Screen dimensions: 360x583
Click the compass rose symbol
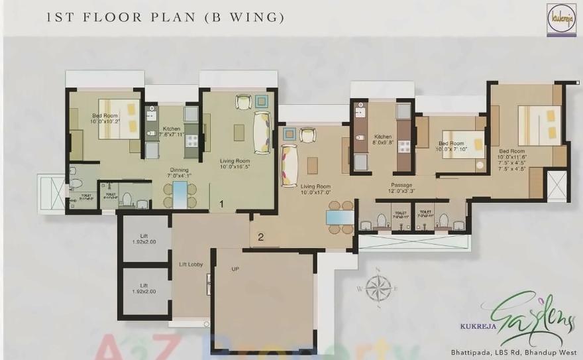click(x=378, y=288)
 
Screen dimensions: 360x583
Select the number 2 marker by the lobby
click(x=261, y=236)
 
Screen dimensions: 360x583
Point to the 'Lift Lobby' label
click(x=191, y=264)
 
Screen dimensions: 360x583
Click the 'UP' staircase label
click(x=235, y=269)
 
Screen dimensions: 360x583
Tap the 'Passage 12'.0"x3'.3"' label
click(x=401, y=188)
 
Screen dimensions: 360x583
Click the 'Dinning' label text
click(x=180, y=171)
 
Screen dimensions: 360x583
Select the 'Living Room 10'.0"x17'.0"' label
click(x=317, y=190)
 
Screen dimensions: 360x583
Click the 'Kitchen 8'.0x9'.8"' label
click(x=383, y=139)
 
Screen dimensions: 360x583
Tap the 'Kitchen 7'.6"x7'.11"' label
click(x=172, y=132)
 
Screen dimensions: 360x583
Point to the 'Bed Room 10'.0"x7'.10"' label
click(x=452, y=147)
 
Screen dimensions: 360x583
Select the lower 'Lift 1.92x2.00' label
click(x=144, y=288)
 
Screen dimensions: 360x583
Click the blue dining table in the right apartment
click(x=339, y=217)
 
